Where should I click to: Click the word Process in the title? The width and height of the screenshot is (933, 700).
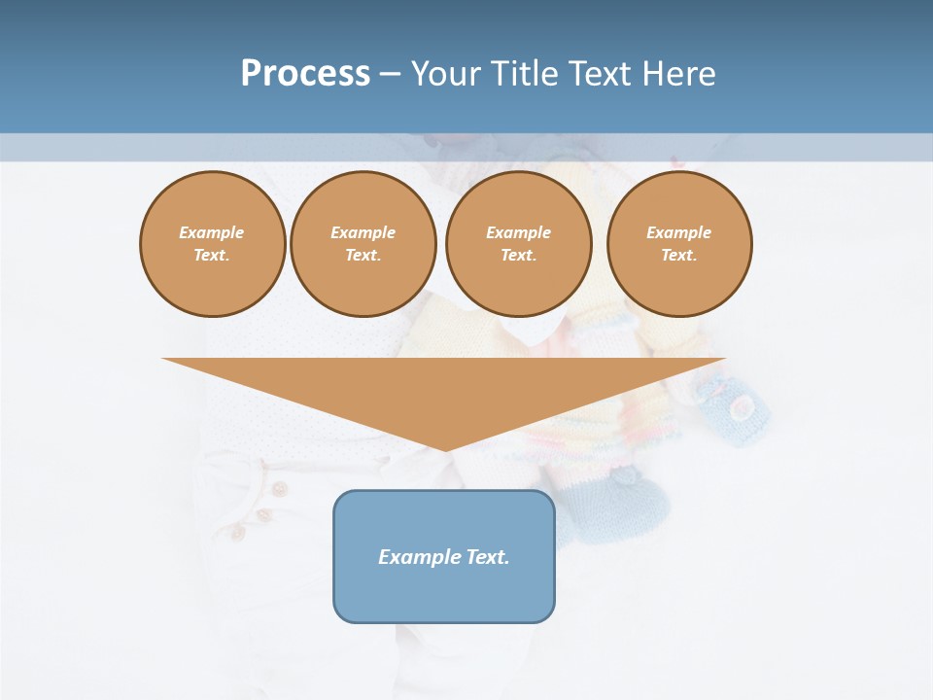pos(305,74)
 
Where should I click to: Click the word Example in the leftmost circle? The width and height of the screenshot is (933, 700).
pos(212,232)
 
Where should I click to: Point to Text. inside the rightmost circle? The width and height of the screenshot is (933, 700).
pos(678,256)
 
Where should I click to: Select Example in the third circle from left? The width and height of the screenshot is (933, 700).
pos(518,232)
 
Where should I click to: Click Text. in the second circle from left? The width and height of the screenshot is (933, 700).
pos(363,256)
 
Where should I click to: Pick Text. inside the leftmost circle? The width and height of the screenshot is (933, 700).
pos(212,256)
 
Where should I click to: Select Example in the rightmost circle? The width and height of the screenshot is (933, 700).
pos(678,232)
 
